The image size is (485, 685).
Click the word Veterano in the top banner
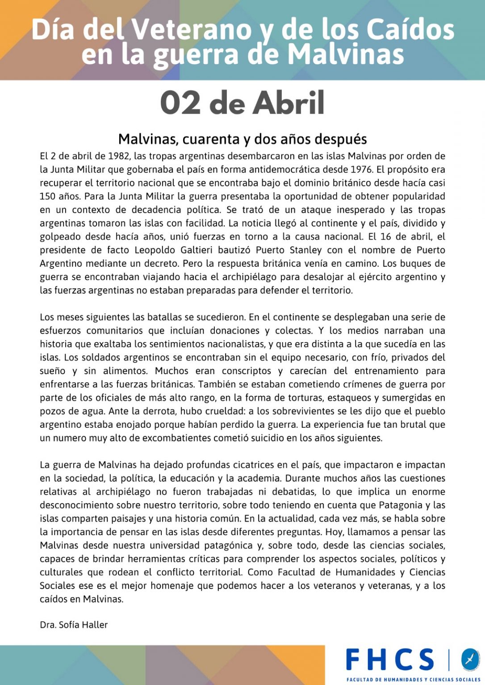(192, 30)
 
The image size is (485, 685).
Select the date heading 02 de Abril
(242, 103)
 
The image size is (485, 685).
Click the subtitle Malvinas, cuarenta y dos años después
(242, 139)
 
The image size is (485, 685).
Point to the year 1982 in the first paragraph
(119, 156)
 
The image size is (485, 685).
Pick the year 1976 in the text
(361, 169)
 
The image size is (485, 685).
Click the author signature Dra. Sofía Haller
(74, 625)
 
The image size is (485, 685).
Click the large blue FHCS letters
(390, 660)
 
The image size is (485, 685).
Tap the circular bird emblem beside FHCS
(470, 659)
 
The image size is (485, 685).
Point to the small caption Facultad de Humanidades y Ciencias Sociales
(413, 680)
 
